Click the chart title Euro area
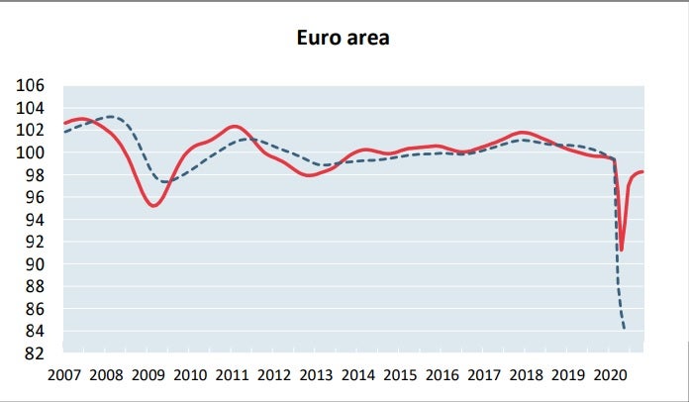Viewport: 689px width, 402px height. (344, 39)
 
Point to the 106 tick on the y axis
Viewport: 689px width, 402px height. (30, 85)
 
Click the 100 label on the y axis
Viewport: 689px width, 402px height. (30, 152)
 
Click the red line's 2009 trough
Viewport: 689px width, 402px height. (153, 206)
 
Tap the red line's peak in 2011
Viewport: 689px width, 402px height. (234, 126)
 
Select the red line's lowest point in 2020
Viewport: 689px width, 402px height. (621, 251)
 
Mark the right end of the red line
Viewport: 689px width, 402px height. (643, 172)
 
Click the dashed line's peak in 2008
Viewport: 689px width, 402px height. (111, 117)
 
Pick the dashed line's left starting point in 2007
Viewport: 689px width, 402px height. (63, 132)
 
